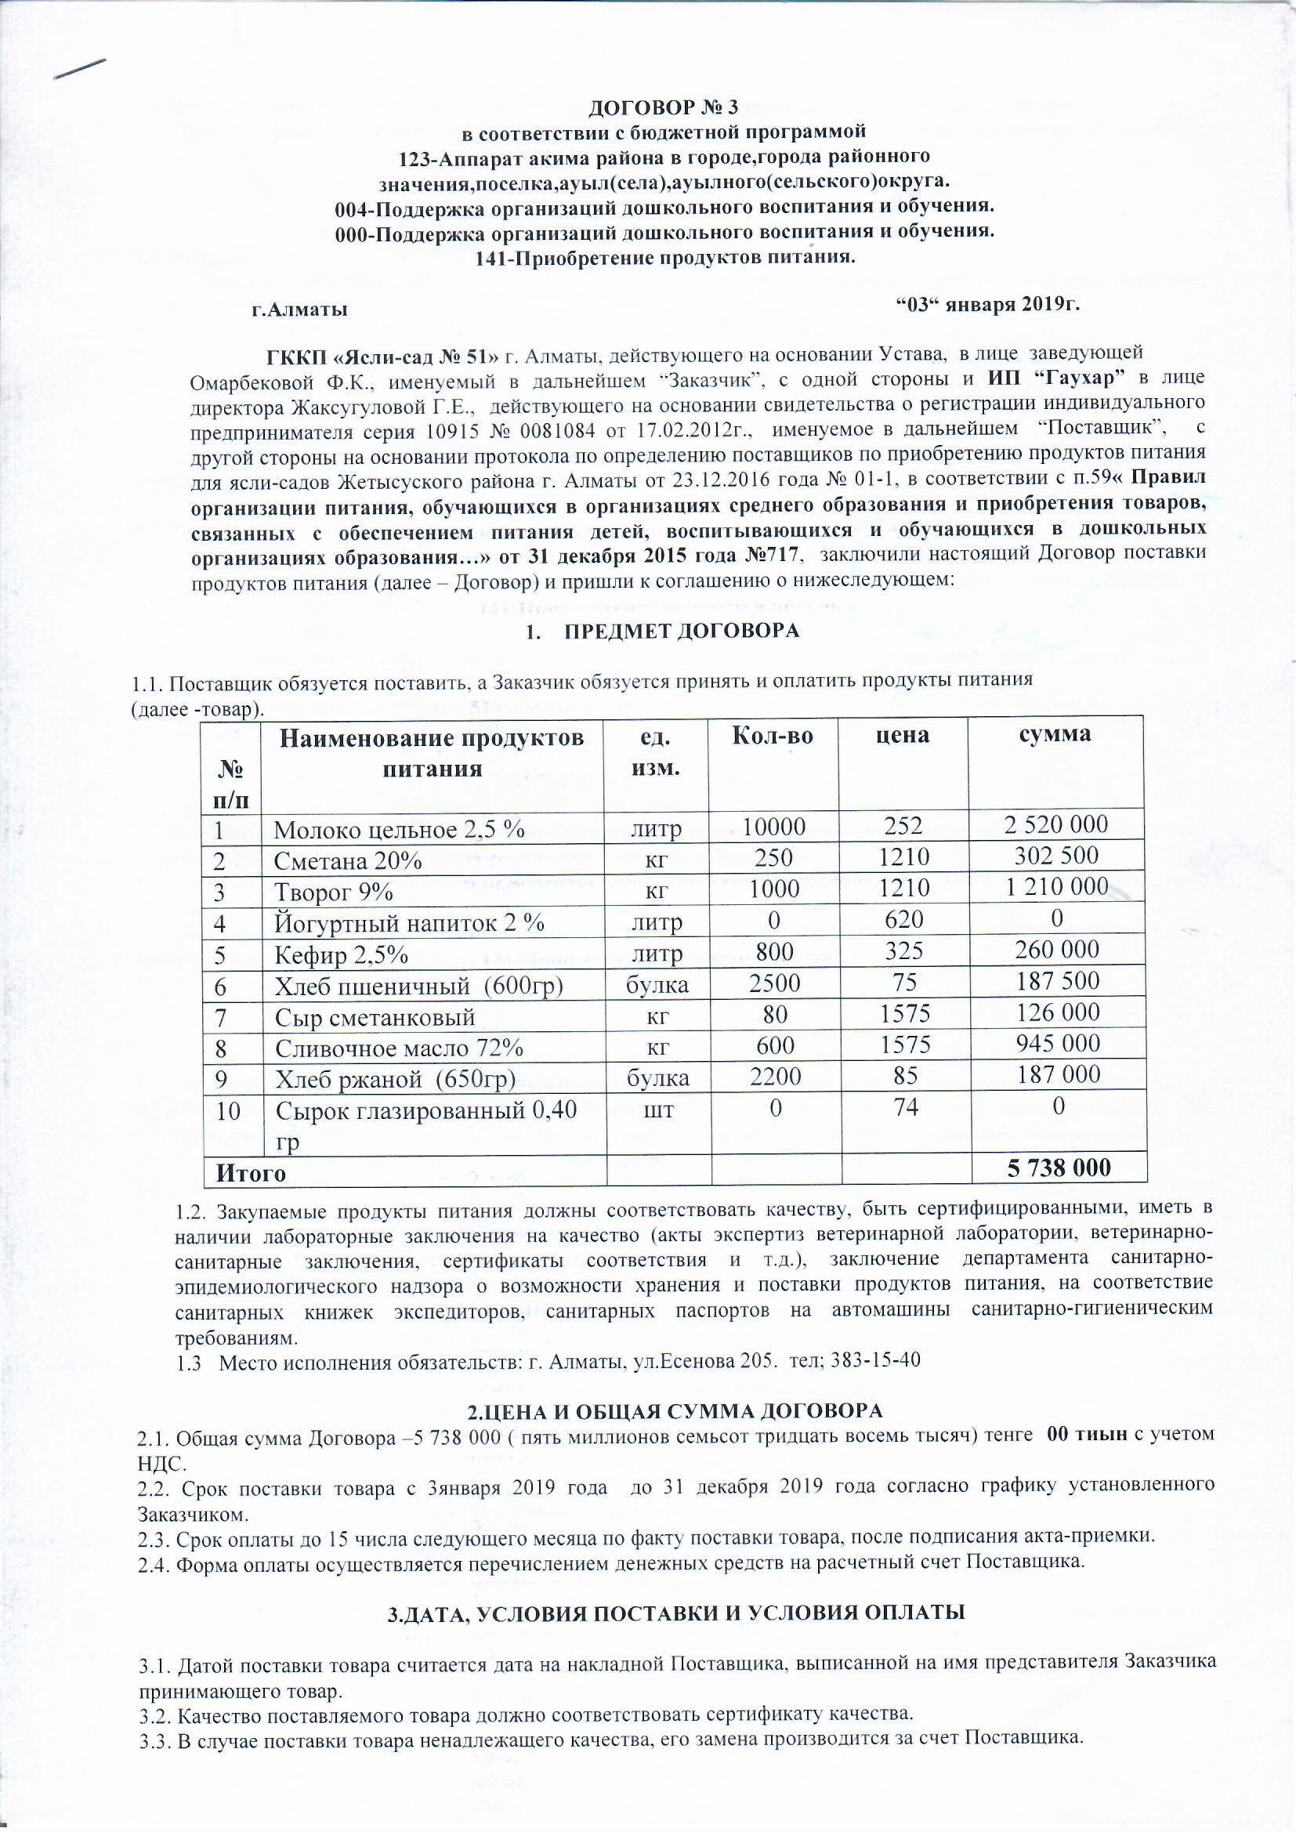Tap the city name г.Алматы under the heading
tap(299, 310)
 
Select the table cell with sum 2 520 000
tap(1056, 824)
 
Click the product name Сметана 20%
tap(347, 861)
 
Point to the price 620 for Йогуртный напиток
tap(903, 919)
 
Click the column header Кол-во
tap(773, 736)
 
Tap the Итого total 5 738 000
tap(1058, 1168)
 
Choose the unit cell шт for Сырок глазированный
tap(656, 1109)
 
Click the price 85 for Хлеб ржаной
tap(905, 1075)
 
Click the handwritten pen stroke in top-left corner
tap(80, 70)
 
